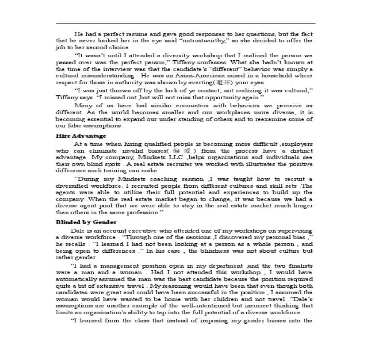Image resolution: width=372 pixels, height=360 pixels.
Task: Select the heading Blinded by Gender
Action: pos(86,222)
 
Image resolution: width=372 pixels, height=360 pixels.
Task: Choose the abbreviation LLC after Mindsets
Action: pos(175,157)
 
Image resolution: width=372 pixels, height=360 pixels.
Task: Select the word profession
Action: pos(141,212)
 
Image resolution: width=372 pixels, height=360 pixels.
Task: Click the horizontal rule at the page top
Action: pos(186,24)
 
